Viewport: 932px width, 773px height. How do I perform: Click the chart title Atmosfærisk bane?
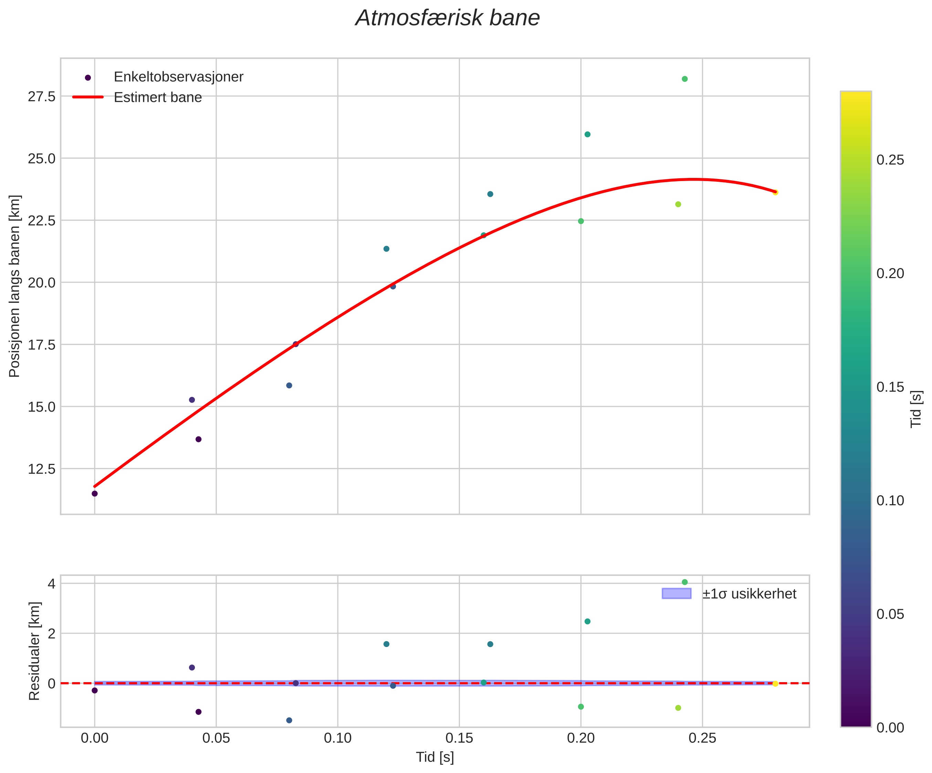(x=447, y=19)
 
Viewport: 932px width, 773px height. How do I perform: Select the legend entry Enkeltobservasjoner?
(x=178, y=77)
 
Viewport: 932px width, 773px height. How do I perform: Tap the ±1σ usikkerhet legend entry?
(x=749, y=594)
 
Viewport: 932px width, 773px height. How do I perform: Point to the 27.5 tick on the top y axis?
(x=42, y=96)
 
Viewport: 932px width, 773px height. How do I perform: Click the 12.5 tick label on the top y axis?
(x=42, y=469)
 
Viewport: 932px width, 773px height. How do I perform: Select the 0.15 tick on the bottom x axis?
(x=459, y=738)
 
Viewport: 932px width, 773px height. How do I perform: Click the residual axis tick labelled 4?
(x=52, y=583)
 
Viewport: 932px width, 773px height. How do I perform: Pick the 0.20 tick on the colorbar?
(x=890, y=273)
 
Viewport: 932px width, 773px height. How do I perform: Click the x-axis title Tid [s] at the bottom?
(x=434, y=758)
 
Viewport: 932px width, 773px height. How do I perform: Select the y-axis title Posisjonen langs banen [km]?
(x=15, y=286)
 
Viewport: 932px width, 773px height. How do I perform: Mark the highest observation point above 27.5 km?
(x=684, y=79)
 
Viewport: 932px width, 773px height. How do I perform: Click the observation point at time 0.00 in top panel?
(x=95, y=494)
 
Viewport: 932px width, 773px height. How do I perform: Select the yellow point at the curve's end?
(x=775, y=192)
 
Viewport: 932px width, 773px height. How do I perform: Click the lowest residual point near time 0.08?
(x=289, y=720)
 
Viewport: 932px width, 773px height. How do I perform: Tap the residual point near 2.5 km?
(x=587, y=621)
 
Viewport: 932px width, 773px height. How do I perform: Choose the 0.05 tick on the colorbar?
(x=890, y=614)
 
